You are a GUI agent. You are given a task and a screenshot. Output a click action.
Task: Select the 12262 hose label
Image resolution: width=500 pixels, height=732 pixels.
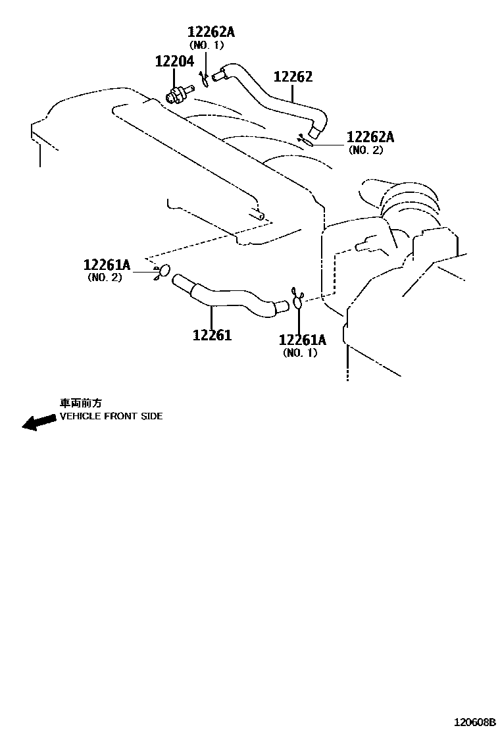point(293,77)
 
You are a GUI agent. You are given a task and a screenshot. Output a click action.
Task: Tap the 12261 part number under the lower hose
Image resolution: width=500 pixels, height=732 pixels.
point(212,335)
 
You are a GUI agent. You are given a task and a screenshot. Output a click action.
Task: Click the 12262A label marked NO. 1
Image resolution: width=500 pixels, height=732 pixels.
point(211,32)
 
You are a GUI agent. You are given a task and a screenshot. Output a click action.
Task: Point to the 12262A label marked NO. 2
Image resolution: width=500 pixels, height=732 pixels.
point(370,137)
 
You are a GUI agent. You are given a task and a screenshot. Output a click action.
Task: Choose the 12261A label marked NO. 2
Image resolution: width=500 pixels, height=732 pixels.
point(107,265)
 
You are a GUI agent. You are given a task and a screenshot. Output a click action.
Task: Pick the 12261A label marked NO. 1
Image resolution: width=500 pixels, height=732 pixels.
point(303,340)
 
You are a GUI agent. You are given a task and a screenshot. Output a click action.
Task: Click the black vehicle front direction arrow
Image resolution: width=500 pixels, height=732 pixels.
point(38,422)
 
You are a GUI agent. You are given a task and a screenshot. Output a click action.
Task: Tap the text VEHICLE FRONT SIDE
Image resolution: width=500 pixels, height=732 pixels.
point(111,416)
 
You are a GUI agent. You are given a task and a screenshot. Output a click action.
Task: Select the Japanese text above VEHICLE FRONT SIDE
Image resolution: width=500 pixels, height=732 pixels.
point(82,403)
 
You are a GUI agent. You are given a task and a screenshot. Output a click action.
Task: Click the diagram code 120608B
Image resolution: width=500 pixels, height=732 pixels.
point(473,721)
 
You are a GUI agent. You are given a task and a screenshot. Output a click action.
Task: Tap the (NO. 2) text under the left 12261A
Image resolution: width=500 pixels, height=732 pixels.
point(105,278)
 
